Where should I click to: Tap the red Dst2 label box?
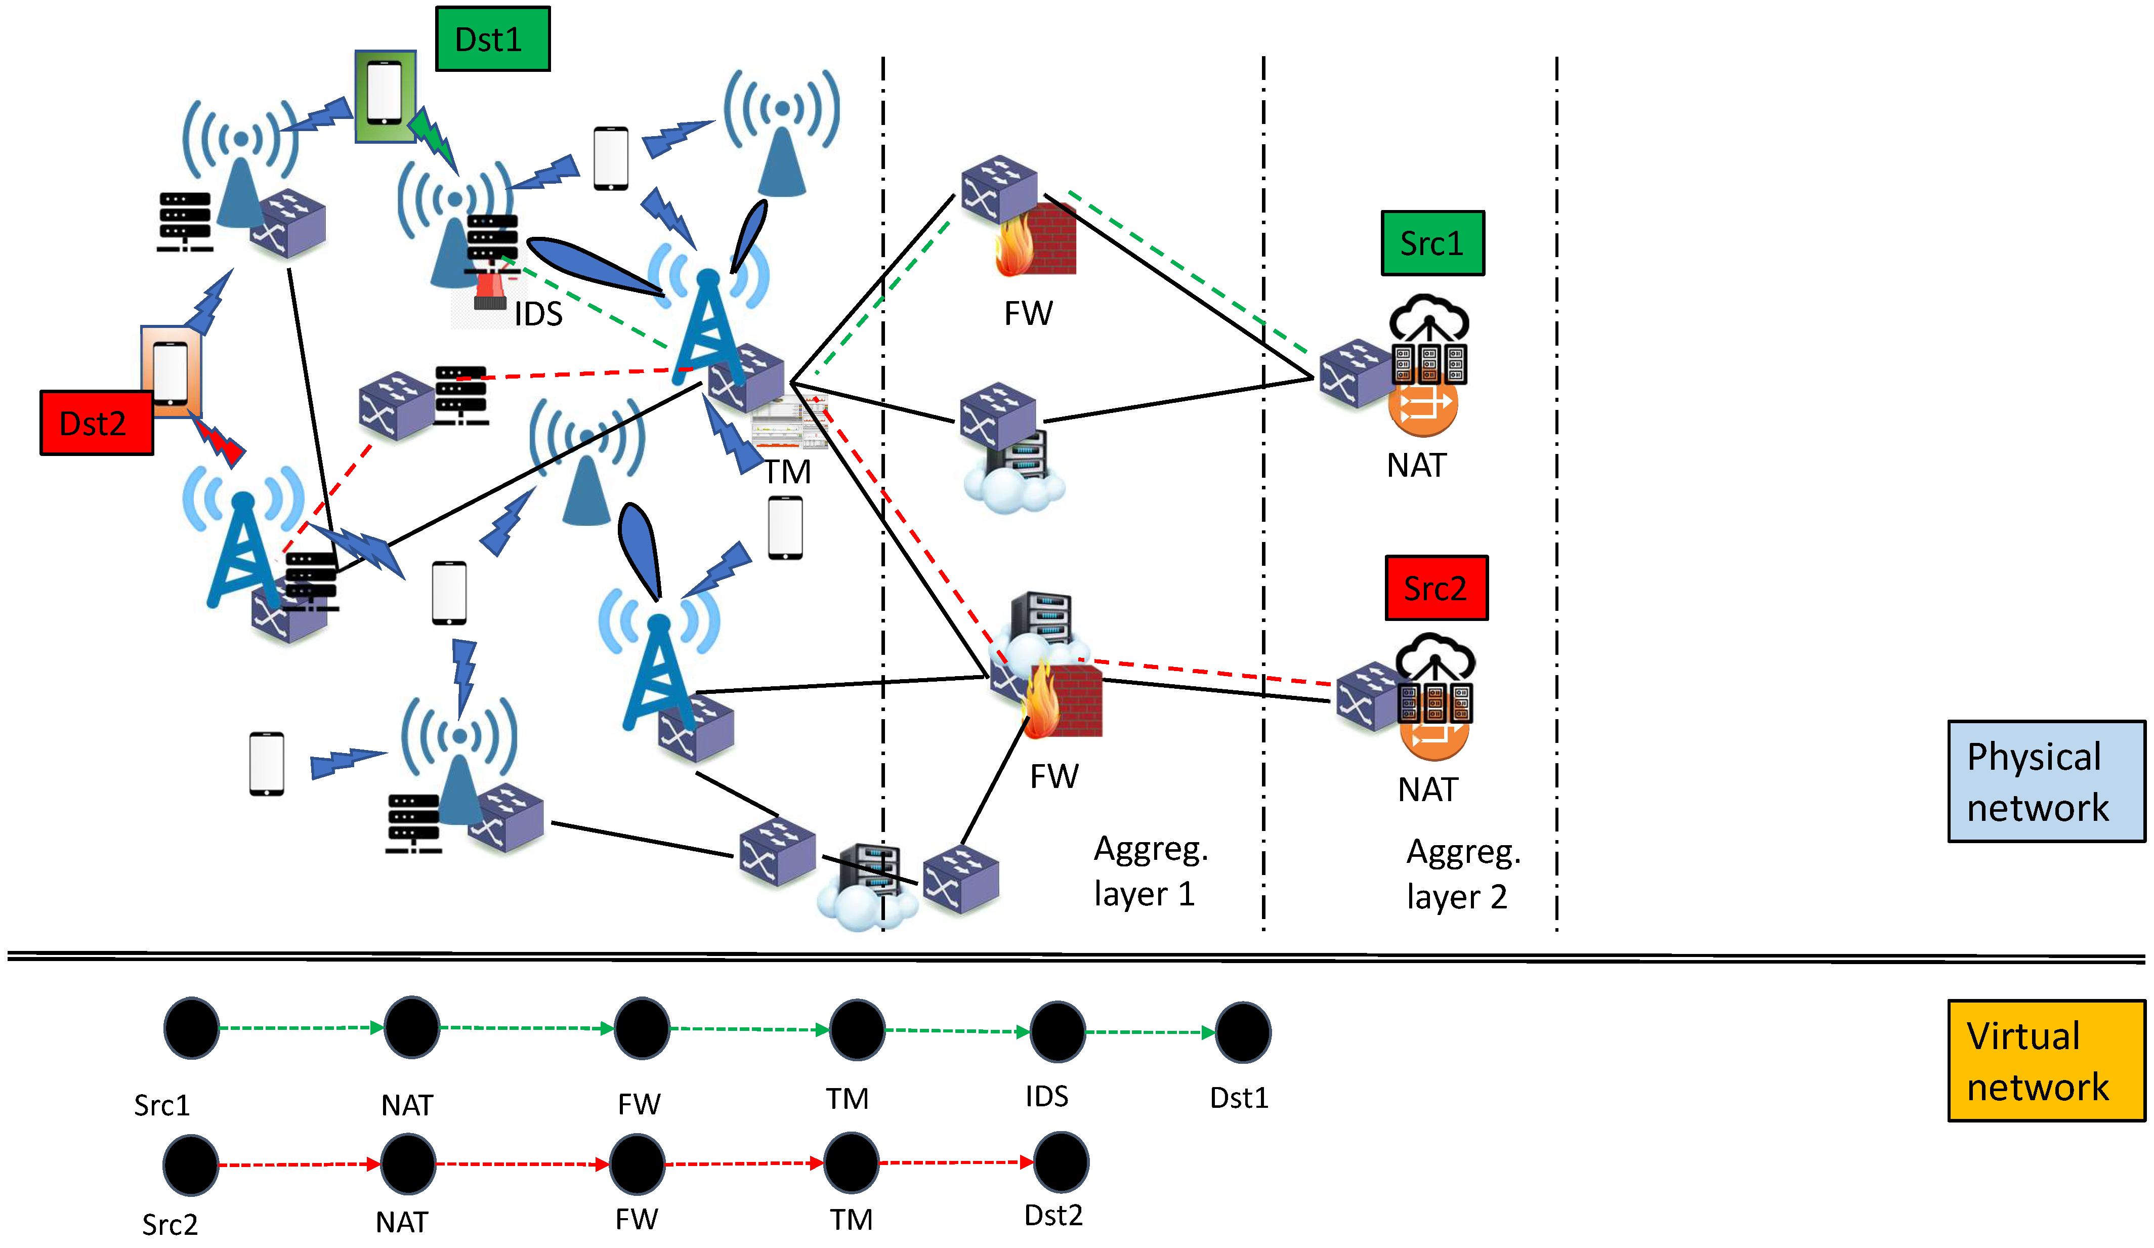pyautogui.click(x=97, y=422)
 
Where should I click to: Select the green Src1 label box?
pyautogui.click(x=1432, y=243)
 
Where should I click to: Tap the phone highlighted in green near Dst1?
pyautogui.click(x=386, y=96)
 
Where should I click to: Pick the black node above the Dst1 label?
pyautogui.click(x=1243, y=1032)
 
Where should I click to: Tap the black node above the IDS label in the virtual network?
pyautogui.click(x=1058, y=1031)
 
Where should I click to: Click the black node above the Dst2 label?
pyautogui.click(x=1061, y=1161)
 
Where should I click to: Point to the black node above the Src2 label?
pyautogui.click(x=191, y=1165)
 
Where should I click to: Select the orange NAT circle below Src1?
pyautogui.click(x=1422, y=405)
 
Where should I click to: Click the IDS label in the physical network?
pyautogui.click(x=538, y=315)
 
